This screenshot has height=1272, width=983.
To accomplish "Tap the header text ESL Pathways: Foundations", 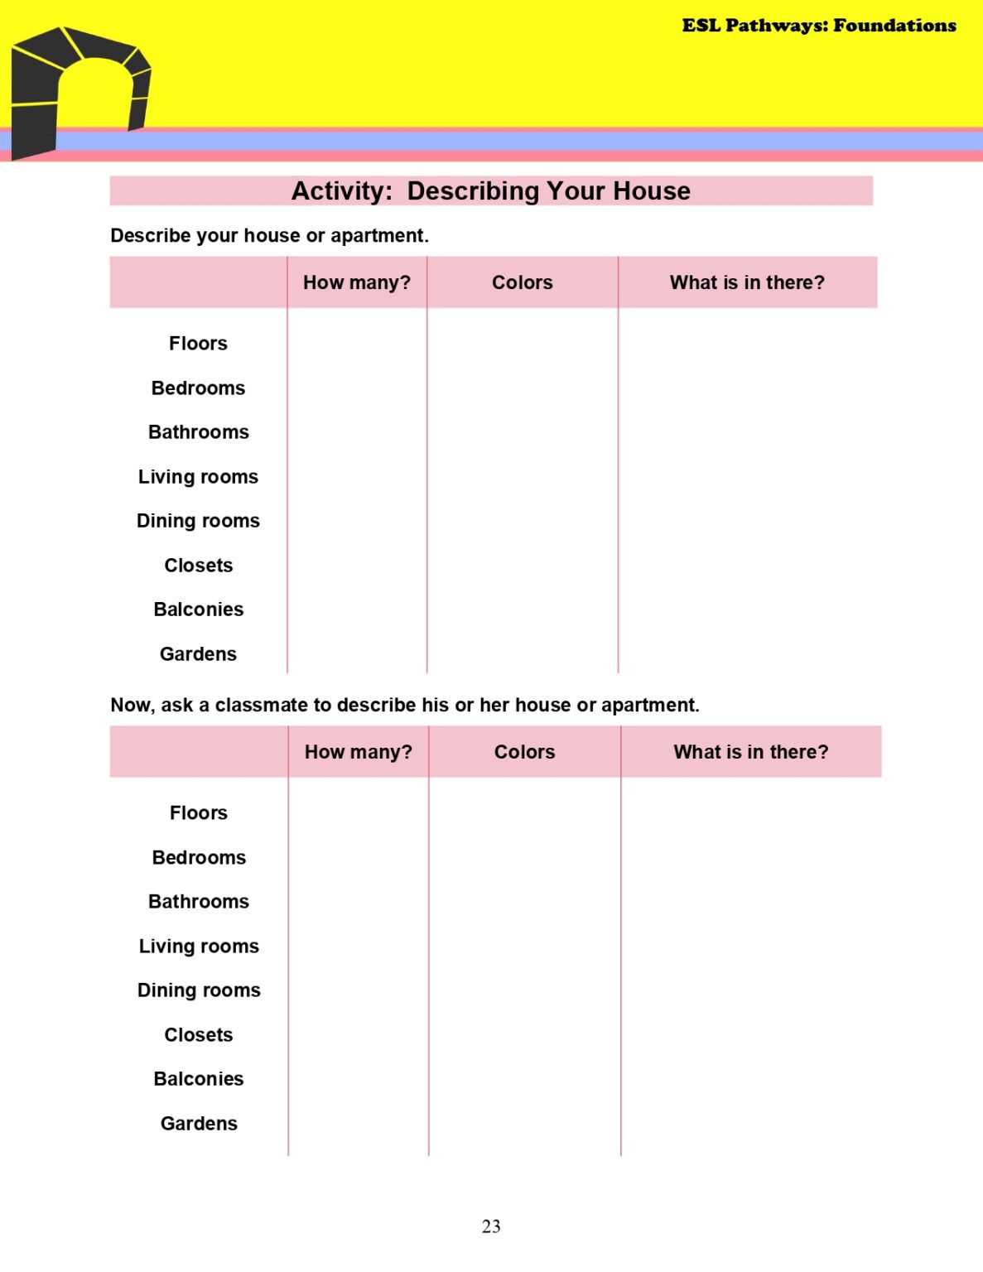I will pos(818,26).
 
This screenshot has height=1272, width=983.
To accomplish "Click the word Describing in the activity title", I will pos(473,191).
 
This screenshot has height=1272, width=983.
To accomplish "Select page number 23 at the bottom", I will pos(491,1226).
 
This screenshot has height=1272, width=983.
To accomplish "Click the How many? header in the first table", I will pos(357,282).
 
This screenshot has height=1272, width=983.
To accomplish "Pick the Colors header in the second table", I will pos(524,752).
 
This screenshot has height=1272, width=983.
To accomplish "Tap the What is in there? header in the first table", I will pos(747,282).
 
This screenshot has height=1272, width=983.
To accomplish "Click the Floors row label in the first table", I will pos(198,344).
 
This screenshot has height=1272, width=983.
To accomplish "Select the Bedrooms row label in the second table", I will pos(199,858).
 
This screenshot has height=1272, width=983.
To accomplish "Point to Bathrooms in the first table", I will pos(199,432).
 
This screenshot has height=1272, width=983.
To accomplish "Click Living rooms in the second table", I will pos(199,947).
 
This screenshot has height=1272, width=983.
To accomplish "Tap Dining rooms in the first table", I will pos(198,521).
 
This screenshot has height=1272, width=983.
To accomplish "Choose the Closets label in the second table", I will pos(199,1035).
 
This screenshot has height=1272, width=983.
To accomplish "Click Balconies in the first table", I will pos(199,609).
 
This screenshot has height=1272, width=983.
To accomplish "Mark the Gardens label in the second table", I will pos(199,1124).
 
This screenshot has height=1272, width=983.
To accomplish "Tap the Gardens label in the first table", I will pos(198,654).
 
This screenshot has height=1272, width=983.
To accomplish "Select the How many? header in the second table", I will pos(359,752).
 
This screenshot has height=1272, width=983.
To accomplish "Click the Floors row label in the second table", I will pos(199,813).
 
